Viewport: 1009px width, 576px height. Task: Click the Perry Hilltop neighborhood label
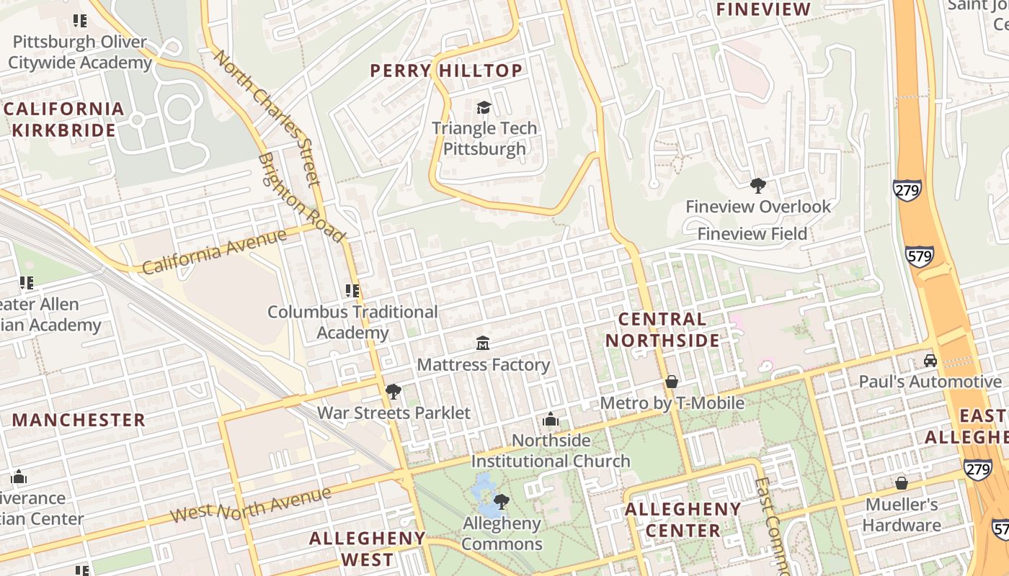446,71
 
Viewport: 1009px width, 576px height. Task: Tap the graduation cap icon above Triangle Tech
484,108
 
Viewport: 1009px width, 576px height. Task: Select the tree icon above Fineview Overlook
757,186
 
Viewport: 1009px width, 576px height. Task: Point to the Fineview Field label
752,234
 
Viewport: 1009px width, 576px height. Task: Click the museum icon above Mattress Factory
483,343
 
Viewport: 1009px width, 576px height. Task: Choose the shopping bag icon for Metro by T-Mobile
672,381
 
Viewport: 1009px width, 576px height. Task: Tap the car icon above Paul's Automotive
930,360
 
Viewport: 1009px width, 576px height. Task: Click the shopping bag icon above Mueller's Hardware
901,482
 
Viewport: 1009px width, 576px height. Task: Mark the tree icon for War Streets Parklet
394,392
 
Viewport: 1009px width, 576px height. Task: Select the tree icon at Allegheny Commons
501,501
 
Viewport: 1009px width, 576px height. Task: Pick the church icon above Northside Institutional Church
551,418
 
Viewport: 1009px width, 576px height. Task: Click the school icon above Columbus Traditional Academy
352,291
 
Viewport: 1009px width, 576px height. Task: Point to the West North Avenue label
252,505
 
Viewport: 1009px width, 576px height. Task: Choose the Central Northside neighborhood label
662,330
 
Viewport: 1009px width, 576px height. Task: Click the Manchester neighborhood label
79,420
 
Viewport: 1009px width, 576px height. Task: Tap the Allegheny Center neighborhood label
683,520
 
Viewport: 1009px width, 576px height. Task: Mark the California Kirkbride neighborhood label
63,120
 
